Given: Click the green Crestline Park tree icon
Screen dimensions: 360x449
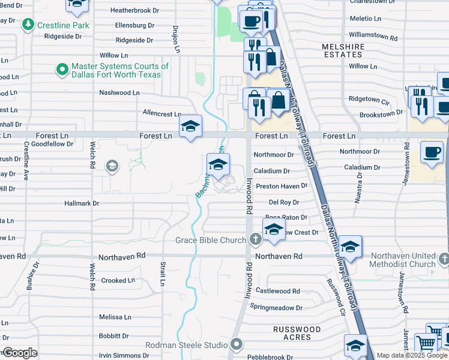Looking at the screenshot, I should [28, 25].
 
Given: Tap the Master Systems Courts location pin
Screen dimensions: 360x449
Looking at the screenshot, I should [62, 70].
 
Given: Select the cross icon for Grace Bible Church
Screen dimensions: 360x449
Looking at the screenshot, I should [255, 240].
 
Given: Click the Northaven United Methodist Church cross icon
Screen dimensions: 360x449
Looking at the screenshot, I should [444, 259].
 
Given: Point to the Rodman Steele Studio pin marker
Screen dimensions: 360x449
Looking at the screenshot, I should [237, 345].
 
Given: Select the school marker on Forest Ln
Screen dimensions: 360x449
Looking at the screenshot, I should [191, 127].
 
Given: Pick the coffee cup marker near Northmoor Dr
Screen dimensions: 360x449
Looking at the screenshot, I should [432, 152].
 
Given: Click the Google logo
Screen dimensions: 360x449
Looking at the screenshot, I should [20, 353].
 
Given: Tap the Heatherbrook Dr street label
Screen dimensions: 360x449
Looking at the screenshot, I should [134, 11].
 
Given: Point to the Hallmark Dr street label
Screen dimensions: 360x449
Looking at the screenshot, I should [82, 203].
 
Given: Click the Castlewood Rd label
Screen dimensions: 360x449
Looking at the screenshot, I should [278, 291].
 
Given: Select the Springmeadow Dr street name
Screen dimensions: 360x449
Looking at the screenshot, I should [276, 308].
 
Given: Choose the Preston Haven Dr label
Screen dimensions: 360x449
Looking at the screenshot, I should [281, 187].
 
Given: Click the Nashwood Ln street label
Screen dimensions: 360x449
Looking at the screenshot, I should [119, 93].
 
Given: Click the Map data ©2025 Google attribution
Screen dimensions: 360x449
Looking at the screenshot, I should [412, 355].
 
